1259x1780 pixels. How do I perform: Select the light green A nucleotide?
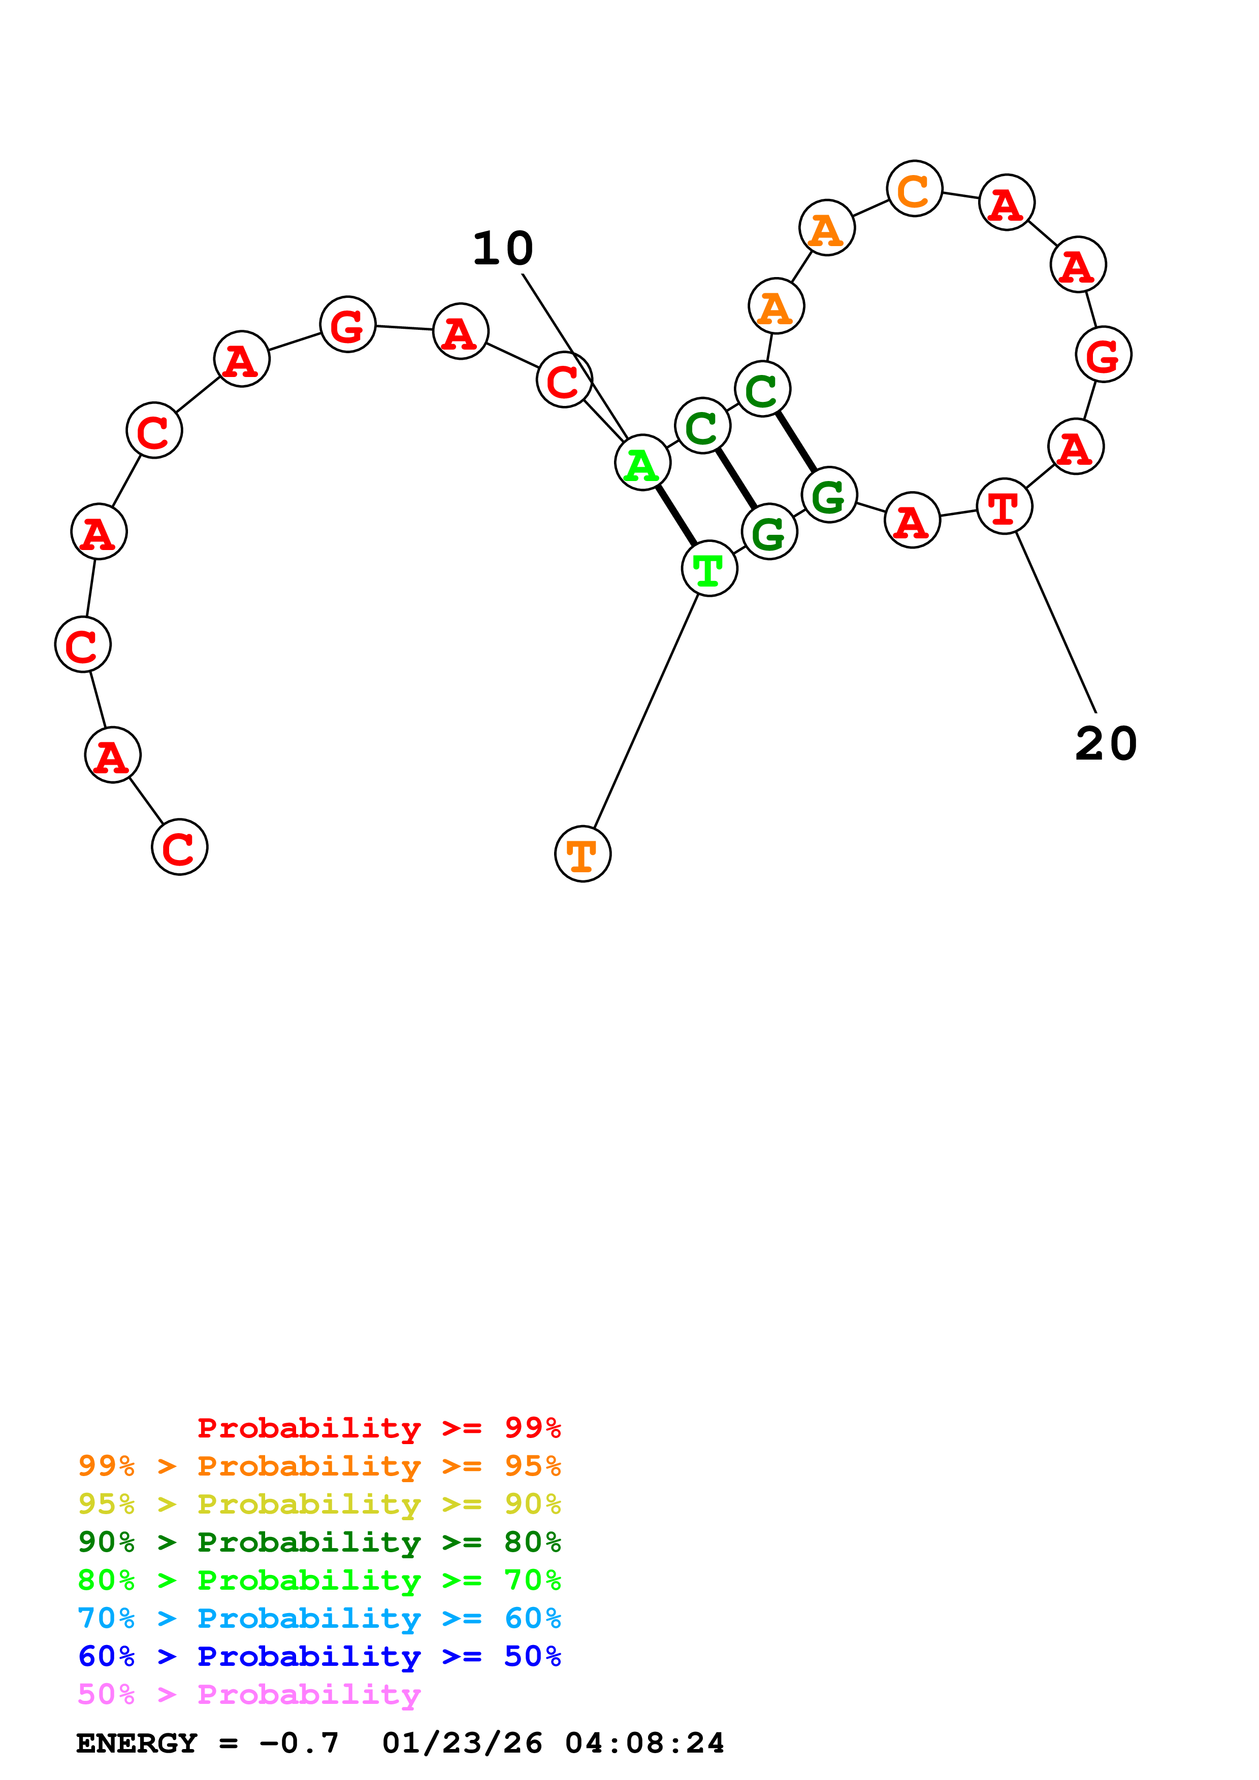tap(642, 463)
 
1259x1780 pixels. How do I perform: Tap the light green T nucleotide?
tap(709, 568)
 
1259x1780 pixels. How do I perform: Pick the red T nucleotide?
tap(1004, 506)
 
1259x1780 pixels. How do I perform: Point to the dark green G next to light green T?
tap(769, 532)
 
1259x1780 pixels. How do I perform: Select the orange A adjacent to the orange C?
tap(827, 227)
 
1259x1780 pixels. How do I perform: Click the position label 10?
tap(503, 249)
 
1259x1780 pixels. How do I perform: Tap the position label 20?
tap(1106, 744)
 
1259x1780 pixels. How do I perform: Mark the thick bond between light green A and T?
tap(675, 516)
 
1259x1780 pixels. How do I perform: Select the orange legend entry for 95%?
tap(319, 1466)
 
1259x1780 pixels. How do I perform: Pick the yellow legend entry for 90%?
tap(319, 1504)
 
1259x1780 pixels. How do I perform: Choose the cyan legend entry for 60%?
tap(319, 1618)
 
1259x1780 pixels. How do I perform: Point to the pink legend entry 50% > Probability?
tap(249, 1694)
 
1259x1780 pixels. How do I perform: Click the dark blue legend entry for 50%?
tap(319, 1656)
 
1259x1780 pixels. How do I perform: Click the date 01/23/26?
tap(462, 1743)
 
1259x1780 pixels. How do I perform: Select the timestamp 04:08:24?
tap(644, 1743)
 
